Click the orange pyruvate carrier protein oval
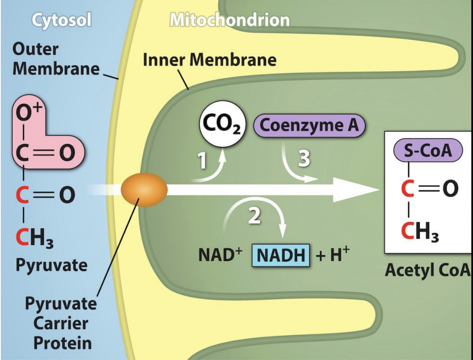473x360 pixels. (144, 190)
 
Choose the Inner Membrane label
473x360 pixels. (209, 60)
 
